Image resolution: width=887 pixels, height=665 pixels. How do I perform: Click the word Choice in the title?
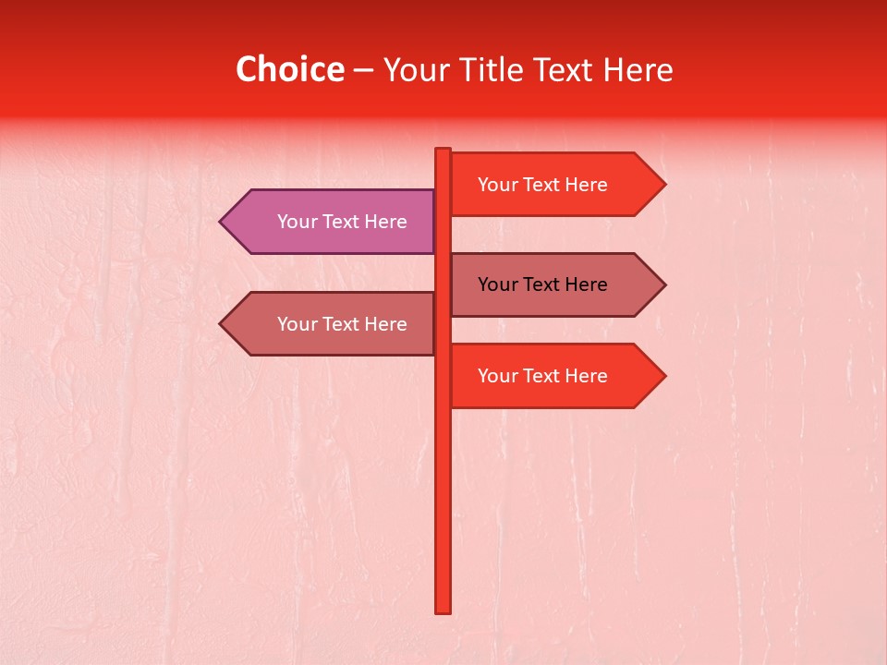coord(289,69)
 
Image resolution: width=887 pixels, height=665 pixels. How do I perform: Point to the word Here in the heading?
coord(638,69)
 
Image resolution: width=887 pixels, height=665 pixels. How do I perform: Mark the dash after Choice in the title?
coord(363,70)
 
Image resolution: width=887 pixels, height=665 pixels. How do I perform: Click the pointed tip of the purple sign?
coord(223,222)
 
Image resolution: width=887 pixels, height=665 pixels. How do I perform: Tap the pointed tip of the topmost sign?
coord(662,185)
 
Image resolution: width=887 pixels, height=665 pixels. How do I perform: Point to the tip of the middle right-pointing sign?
coord(662,284)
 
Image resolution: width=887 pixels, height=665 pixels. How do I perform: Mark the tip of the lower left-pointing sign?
coord(223,324)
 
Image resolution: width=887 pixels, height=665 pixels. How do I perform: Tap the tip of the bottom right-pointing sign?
coord(662,376)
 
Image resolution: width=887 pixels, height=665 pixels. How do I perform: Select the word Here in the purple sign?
coord(385,222)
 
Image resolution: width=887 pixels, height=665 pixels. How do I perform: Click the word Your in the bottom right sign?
coord(497,376)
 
